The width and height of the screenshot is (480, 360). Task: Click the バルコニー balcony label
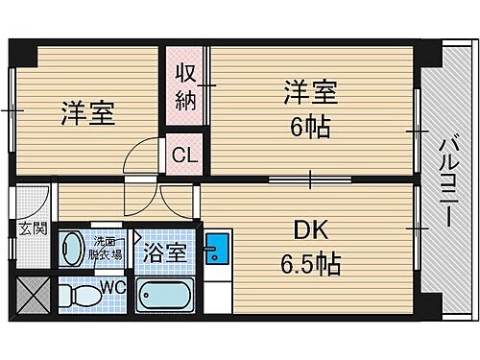pos(447,180)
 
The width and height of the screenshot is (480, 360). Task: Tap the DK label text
pos(309,231)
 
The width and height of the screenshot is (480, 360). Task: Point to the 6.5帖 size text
pos(309,264)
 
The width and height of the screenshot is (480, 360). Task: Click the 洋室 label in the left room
pos(88,113)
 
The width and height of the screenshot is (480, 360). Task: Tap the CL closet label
pos(185,153)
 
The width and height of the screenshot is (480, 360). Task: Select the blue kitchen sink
pos(216,249)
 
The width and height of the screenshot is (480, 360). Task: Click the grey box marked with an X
pos(33,295)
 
